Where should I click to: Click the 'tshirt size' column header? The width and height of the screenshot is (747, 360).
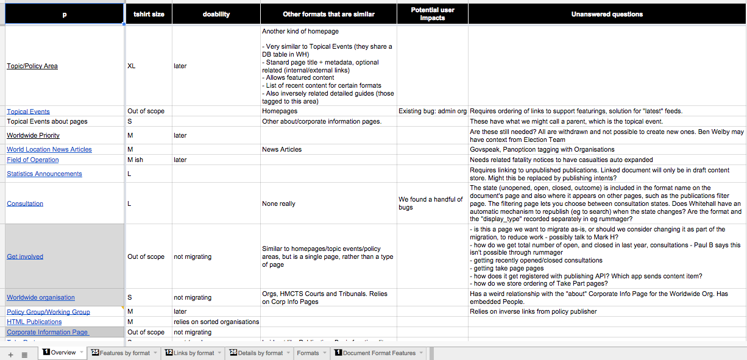149,14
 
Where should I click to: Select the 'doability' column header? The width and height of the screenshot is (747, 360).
216,14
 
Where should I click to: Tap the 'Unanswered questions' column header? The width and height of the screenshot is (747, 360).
607,14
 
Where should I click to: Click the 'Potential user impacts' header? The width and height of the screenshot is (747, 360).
432,14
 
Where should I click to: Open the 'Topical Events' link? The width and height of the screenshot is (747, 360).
28,111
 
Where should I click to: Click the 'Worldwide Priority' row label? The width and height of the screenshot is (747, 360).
33,135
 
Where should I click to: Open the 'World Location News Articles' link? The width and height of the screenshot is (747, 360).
49,149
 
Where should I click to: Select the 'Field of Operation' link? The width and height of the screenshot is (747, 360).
33,160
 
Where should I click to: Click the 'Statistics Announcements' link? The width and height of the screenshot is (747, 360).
44,174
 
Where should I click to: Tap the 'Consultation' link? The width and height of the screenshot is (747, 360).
25,203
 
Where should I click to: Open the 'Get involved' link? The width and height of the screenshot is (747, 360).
25,256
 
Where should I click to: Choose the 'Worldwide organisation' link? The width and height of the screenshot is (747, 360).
41,297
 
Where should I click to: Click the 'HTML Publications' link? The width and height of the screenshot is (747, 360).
34,322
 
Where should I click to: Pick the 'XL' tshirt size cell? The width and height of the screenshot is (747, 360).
132,66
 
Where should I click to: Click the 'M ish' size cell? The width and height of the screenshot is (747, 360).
135,160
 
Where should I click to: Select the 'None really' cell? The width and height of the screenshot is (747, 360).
278,203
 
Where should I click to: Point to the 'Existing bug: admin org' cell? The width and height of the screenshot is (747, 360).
433,111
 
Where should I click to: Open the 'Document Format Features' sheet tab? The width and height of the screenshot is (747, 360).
378,353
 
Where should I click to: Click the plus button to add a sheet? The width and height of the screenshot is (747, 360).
10,354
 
